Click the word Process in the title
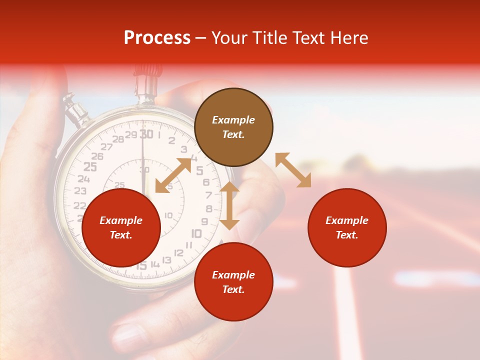157,38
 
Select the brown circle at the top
233,127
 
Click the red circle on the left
121,227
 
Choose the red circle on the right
347,227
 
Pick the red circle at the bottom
233,281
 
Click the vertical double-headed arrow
229,205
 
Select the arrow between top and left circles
173,175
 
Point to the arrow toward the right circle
293,170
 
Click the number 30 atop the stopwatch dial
146,134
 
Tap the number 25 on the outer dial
90,167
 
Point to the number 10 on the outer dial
196,233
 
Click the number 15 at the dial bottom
142,266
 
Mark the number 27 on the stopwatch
106,146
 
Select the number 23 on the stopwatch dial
80,191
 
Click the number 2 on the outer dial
171,140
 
